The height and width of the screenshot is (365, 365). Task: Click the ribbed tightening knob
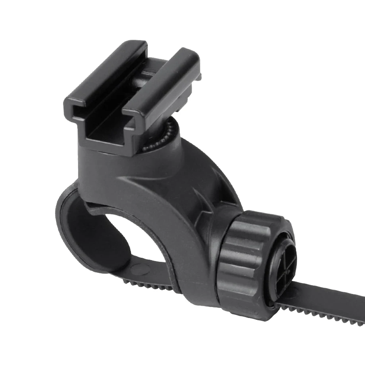[x=248, y=255]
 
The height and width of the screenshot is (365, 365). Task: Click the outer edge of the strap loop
[x=58, y=219]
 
